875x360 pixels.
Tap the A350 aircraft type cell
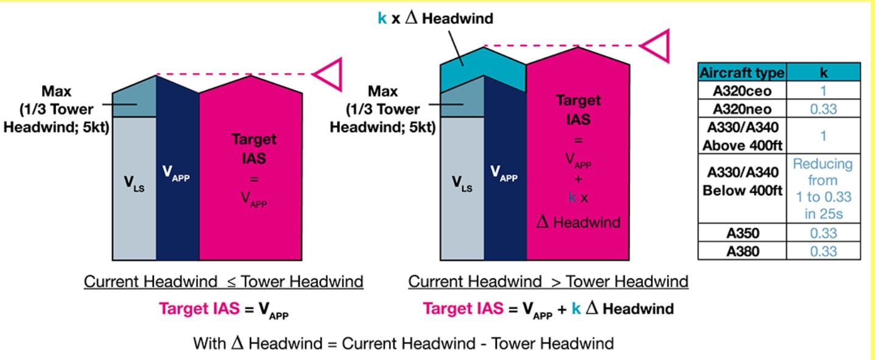tap(742, 233)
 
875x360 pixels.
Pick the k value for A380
tap(823, 250)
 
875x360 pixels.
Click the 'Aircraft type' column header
tap(742, 72)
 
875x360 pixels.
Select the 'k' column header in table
tap(823, 72)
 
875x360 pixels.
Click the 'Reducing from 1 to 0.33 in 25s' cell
tap(823, 188)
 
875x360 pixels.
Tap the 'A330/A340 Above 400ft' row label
tap(742, 135)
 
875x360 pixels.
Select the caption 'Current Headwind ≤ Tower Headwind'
tap(223, 282)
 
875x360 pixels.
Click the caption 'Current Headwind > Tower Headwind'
tap(548, 282)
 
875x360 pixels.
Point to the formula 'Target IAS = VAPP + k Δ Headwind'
tap(548, 309)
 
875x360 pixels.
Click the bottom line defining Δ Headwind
tap(403, 343)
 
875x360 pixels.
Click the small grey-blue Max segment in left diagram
tap(134, 101)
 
